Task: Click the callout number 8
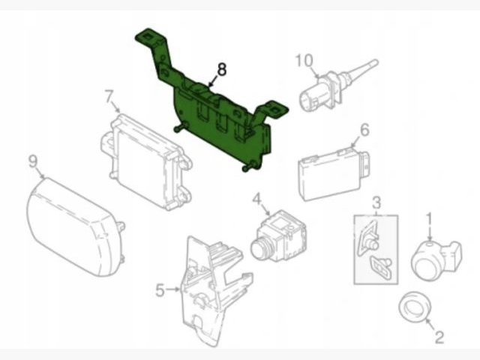(x=222, y=70)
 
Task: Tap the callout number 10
(x=304, y=61)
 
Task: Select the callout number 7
(x=109, y=97)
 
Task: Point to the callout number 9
(x=33, y=161)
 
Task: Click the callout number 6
(x=364, y=130)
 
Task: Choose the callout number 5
(x=160, y=290)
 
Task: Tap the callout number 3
(x=376, y=202)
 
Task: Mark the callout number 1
(x=429, y=220)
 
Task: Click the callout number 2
(x=439, y=337)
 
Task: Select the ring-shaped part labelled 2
(x=415, y=307)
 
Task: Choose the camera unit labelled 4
(x=278, y=235)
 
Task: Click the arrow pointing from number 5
(x=172, y=289)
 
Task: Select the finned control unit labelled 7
(x=146, y=162)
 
